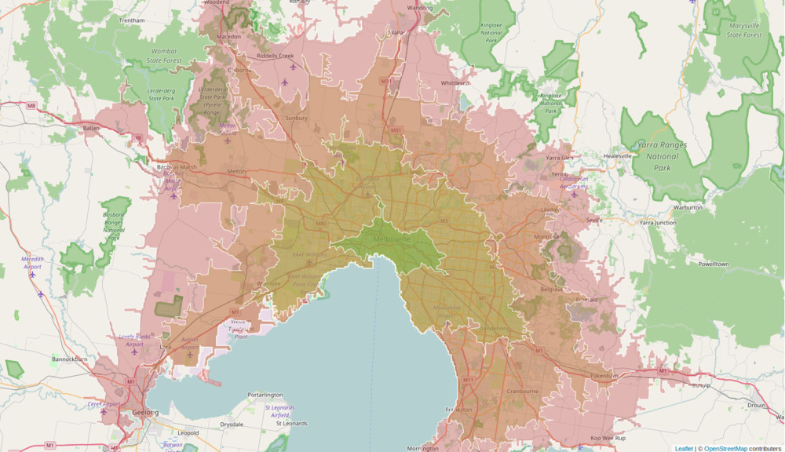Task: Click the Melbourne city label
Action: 392,239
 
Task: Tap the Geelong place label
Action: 144,412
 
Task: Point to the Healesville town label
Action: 617,156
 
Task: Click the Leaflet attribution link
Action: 684,448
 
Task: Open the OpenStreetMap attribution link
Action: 725,448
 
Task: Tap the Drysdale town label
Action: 232,424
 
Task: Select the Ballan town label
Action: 92,127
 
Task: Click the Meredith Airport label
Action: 32,262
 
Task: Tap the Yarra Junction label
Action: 657,223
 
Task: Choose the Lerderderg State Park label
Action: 161,94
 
